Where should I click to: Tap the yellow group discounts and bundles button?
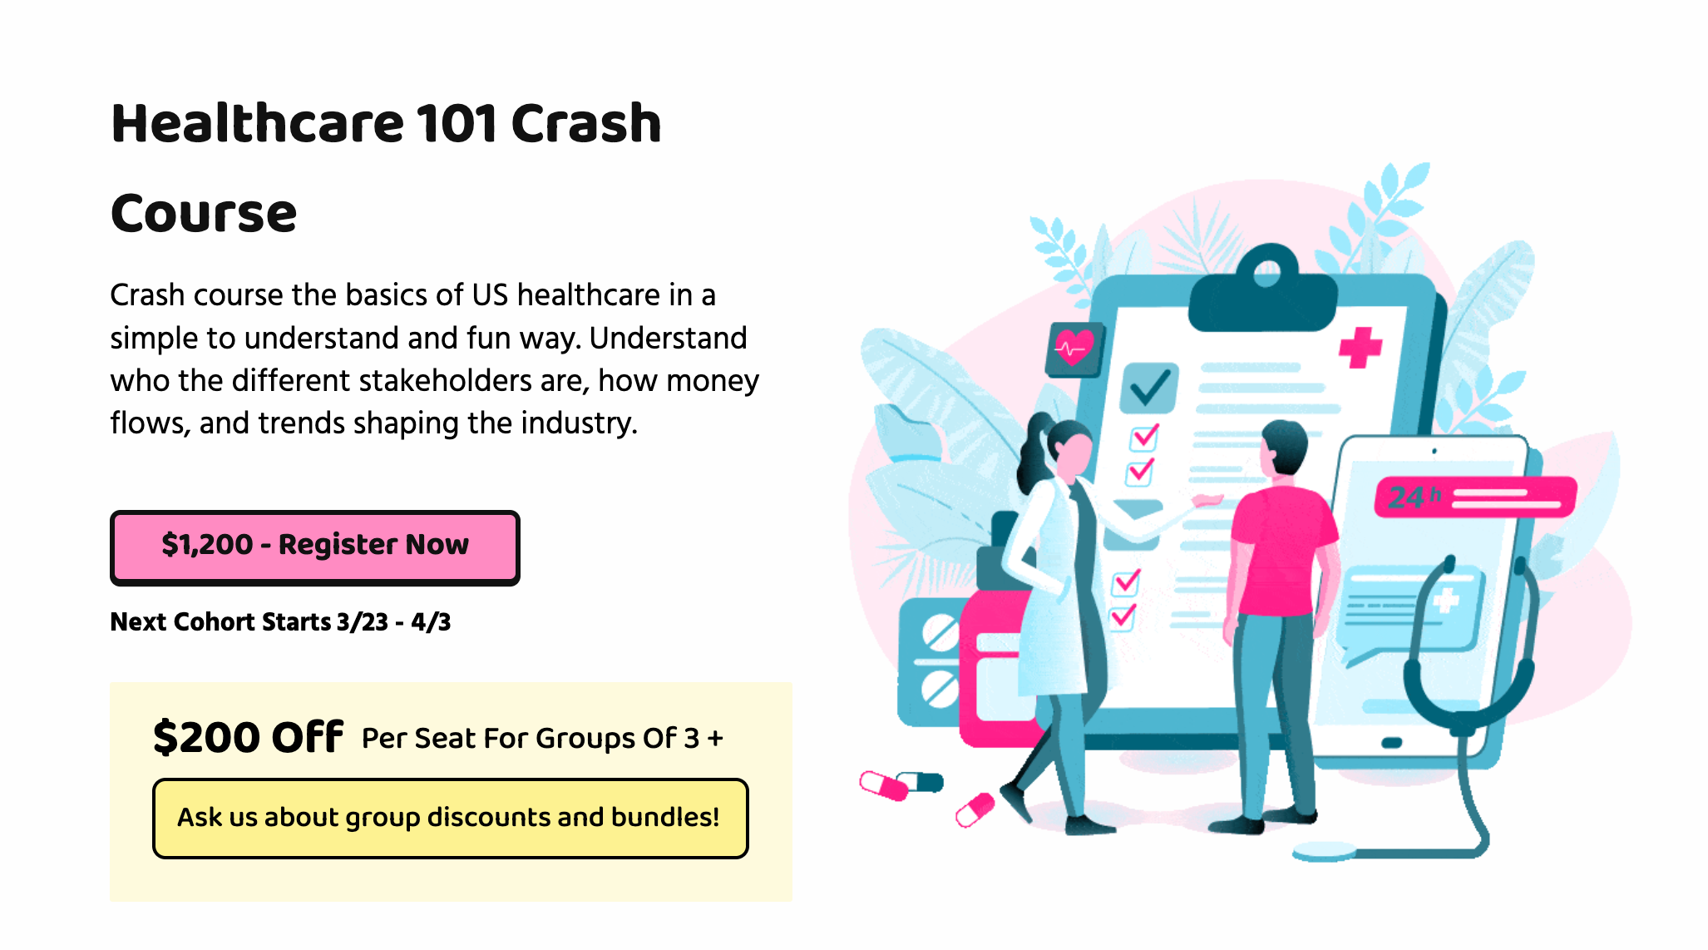click(450, 818)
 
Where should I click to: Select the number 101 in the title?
click(456, 124)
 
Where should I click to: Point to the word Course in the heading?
click(204, 214)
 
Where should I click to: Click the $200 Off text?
click(248, 737)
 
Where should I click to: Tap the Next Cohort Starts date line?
click(280, 621)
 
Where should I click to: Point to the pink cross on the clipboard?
click(1360, 347)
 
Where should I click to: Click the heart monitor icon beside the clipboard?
click(1074, 348)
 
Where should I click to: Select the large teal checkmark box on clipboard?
click(1148, 388)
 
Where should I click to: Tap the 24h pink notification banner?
click(1474, 497)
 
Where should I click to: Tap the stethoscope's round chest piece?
click(1324, 851)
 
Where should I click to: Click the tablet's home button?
click(1392, 742)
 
